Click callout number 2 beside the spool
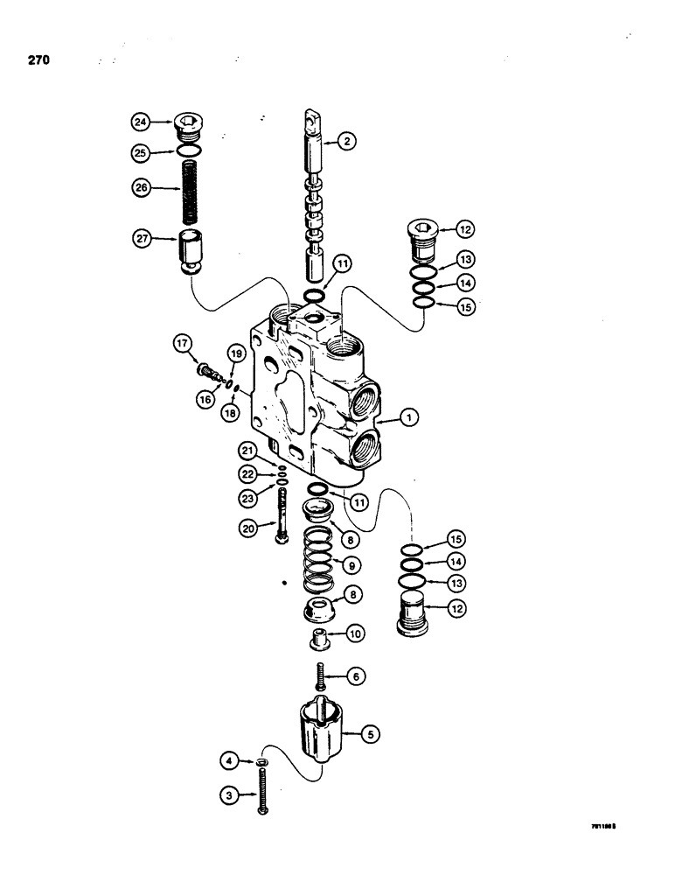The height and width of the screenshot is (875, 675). (x=347, y=142)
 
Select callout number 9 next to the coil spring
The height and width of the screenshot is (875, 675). (x=352, y=564)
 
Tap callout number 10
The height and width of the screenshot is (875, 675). (x=353, y=632)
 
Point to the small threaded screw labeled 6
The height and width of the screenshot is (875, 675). (x=321, y=677)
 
